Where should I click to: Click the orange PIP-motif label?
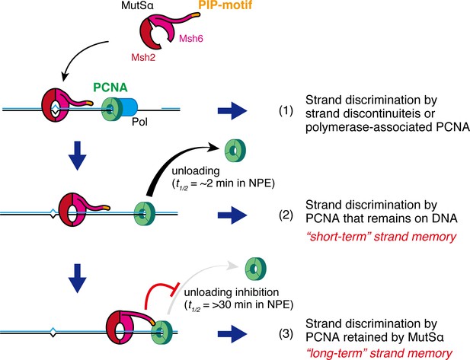225,5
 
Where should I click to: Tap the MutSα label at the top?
137,5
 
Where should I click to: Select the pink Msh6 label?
191,39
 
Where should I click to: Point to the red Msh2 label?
143,58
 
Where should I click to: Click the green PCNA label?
110,88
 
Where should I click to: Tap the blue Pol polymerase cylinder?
128,107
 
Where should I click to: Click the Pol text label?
139,123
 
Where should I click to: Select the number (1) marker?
286,111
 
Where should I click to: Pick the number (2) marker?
286,215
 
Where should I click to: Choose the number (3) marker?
286,333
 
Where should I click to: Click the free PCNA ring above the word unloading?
235,151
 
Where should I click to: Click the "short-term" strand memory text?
382,237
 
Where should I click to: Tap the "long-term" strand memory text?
379,353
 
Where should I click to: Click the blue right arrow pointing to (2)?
232,215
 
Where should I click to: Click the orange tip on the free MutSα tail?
196,14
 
